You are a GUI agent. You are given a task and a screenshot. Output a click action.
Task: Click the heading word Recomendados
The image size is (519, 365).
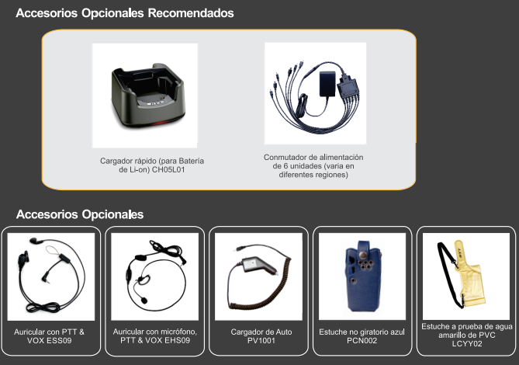point(191,13)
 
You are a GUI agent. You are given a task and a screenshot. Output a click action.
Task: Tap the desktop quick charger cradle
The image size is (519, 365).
point(148,96)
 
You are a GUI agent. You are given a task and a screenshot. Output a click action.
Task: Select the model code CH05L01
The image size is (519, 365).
point(168,170)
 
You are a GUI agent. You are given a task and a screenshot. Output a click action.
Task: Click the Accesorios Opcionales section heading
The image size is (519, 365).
point(80,214)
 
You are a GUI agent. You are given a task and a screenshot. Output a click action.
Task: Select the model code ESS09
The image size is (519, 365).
point(58,340)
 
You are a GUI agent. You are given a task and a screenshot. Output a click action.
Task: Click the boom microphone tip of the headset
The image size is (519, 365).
point(144,300)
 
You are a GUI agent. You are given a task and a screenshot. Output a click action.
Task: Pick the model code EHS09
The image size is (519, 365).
point(176,340)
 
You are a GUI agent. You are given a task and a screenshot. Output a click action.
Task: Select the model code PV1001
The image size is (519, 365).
point(261,340)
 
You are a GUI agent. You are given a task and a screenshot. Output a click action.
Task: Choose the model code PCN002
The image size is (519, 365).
point(362,340)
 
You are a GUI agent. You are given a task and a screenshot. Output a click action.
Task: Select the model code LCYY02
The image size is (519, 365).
point(467,343)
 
